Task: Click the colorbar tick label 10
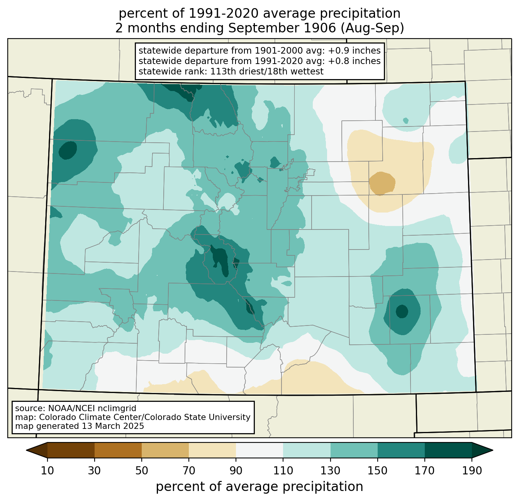(47, 471)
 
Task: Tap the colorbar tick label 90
(236, 471)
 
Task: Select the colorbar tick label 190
(472, 471)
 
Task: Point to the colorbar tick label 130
(330, 471)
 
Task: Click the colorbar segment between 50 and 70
(165, 450)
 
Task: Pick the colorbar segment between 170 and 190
(448, 450)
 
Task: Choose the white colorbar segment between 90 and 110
(259, 450)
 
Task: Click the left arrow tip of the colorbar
(26, 450)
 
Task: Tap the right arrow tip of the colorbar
(493, 450)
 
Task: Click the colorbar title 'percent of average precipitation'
(259, 486)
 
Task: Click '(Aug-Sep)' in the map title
(372, 28)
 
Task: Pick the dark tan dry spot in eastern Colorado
(382, 184)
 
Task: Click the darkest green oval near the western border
(68, 150)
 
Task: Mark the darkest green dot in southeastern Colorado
(402, 311)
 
